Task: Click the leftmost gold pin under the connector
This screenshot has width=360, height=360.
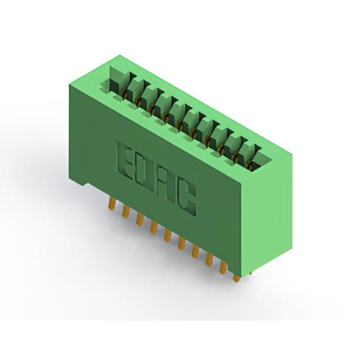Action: point(111,203)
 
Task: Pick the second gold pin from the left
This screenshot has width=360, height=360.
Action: point(125,211)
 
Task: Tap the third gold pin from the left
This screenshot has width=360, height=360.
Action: point(139,219)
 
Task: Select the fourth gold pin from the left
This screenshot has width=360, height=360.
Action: point(154,227)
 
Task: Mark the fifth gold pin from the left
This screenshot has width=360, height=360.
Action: point(168,236)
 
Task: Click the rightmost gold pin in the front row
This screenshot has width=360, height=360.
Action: point(236,278)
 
